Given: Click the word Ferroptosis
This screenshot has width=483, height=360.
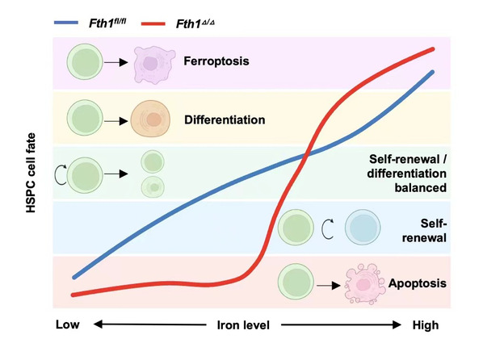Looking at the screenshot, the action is (x=216, y=61).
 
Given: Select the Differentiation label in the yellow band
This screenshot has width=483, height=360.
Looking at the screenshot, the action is (x=225, y=119).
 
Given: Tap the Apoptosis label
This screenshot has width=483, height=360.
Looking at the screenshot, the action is (x=417, y=283).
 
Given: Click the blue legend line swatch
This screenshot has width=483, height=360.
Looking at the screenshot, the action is (x=66, y=23).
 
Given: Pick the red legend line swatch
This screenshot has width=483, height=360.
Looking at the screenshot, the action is (x=153, y=23).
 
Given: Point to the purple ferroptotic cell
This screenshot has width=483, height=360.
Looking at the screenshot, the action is (x=153, y=65).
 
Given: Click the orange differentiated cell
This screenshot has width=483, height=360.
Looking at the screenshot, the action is (x=150, y=119).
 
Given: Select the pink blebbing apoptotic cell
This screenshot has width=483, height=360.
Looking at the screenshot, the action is (x=364, y=284).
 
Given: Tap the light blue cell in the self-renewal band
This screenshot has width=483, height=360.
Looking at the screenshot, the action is (x=363, y=228).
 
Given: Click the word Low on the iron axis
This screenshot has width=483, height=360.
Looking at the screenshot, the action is (x=68, y=324).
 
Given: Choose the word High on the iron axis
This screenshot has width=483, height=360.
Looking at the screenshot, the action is (x=426, y=325).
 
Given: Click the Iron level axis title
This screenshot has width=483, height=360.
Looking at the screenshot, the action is (x=243, y=325).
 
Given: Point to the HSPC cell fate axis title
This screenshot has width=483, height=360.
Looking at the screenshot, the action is (x=31, y=173).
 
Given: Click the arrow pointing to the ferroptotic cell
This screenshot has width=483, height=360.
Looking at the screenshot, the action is (x=115, y=62).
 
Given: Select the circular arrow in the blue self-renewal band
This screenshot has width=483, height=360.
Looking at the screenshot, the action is (x=327, y=228).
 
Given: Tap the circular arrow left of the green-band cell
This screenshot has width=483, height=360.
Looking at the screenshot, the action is (x=61, y=174).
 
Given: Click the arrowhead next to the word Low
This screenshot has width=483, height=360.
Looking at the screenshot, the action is (x=98, y=324).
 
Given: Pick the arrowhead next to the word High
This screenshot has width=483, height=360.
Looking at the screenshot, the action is (x=397, y=324).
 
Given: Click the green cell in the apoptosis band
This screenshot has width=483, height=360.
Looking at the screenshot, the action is (x=296, y=282).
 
